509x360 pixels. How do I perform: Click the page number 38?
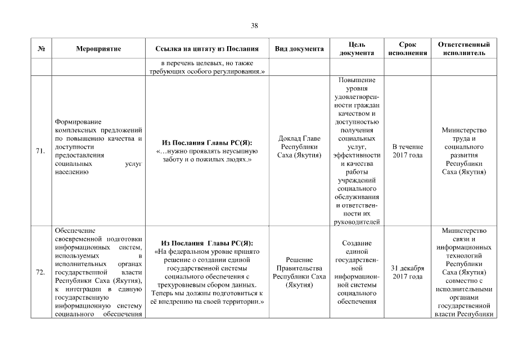pos(254,25)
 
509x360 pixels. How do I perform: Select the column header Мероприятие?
pos(98,49)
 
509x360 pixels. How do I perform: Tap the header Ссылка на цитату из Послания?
pos(207,49)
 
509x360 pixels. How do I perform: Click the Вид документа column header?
pos(299,49)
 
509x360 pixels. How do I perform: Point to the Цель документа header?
pos(357,49)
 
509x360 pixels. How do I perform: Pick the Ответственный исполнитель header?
pos(463,49)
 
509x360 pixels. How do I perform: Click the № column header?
pos(40,49)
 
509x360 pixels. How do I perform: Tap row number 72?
pos(40,273)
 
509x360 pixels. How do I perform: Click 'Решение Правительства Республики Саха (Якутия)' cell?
pos(299,273)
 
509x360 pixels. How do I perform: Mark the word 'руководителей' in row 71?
pos(357,222)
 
